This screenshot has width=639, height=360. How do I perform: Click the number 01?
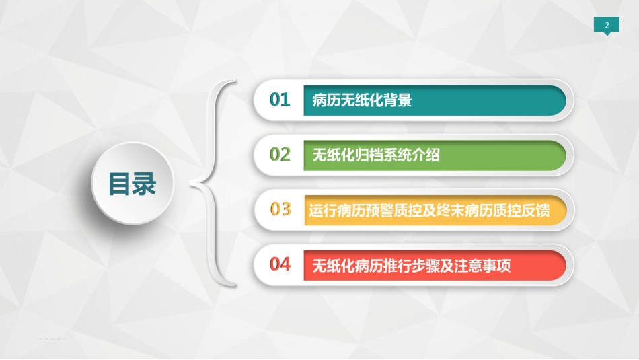pos(280,100)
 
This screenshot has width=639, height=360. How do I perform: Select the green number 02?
pos(280,155)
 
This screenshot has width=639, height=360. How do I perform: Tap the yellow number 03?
pos(280,209)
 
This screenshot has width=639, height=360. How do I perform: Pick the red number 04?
pos(280,264)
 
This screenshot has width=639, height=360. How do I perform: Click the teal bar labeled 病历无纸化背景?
pos(435,100)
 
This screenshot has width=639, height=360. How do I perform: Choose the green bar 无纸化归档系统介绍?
pos(435,155)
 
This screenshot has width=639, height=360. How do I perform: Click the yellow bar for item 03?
pos(435,211)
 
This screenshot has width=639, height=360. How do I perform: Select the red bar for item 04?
pos(435,265)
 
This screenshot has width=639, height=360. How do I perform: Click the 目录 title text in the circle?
pos(132,184)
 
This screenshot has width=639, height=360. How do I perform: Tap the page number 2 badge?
pos(607,26)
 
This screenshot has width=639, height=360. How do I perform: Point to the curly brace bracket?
pos(212,182)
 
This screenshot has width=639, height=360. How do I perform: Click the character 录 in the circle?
pos(144,184)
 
